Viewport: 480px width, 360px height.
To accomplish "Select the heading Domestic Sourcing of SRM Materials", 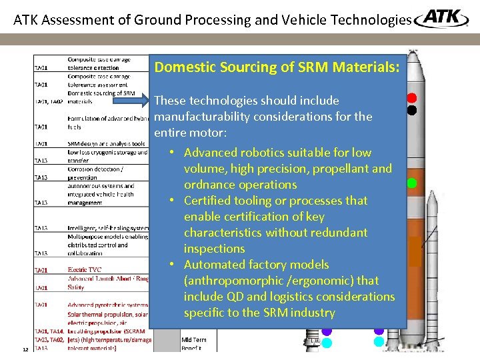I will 277,67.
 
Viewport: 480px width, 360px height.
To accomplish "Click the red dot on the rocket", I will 412,98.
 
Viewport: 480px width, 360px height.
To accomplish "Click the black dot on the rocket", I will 412,110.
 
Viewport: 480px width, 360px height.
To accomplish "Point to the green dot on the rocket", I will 412,183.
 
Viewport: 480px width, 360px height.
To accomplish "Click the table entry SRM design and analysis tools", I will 106,143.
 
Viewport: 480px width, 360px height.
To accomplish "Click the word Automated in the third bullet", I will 215,265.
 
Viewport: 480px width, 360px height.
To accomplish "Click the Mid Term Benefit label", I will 195,343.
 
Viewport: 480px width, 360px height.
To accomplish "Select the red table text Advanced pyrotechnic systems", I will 107,305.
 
